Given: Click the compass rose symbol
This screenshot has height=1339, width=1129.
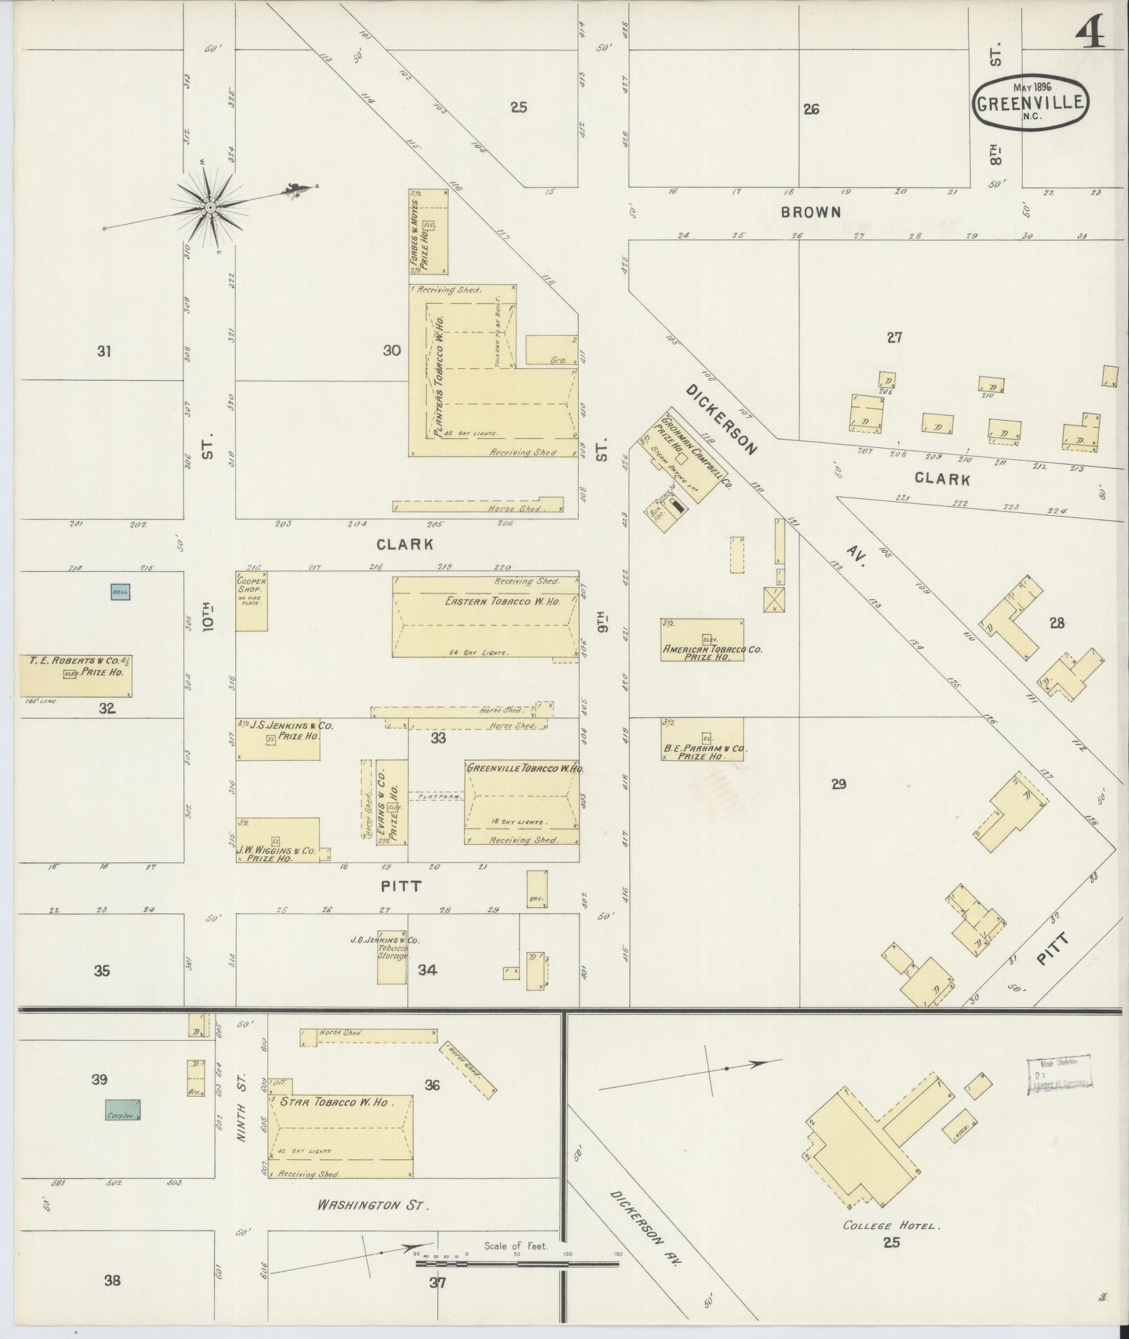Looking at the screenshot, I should pyautogui.click(x=209, y=207).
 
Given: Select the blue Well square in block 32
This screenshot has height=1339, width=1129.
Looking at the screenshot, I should pyautogui.click(x=120, y=592).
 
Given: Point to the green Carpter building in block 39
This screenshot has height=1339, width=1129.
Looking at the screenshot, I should pyautogui.click(x=122, y=1109).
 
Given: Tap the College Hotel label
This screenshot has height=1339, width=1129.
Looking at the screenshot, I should pyautogui.click(x=892, y=1226).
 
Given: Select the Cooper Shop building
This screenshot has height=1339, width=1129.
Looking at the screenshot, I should pyautogui.click(x=251, y=601).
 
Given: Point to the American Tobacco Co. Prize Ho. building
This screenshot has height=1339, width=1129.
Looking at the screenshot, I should pyautogui.click(x=702, y=640).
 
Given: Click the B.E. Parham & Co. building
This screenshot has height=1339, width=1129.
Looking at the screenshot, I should pyautogui.click(x=702, y=739).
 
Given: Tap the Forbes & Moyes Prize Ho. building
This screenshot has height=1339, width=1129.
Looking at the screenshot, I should pyautogui.click(x=428, y=231).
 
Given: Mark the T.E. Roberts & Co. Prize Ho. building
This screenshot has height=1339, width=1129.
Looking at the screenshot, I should pyautogui.click(x=76, y=675).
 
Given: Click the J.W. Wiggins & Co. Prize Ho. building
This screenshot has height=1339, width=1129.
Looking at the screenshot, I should pyautogui.click(x=277, y=840).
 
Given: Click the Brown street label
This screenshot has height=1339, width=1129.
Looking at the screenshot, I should pyautogui.click(x=811, y=211).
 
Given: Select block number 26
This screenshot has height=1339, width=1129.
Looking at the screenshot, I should pyautogui.click(x=811, y=109).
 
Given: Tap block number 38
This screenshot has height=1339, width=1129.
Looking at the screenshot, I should pyautogui.click(x=112, y=1281).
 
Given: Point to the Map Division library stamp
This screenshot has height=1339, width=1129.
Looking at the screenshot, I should pyautogui.click(x=1060, y=1074).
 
